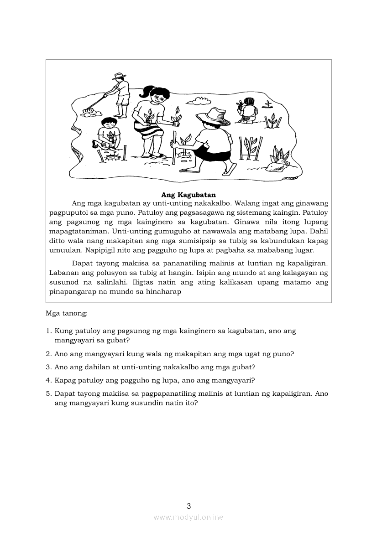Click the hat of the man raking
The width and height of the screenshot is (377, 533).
coord(120,76)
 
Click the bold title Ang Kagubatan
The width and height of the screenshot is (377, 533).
coord(188,195)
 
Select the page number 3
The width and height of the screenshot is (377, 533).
coord(188,506)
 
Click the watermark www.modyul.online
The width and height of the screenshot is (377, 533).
coord(188,517)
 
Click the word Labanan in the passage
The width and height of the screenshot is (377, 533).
coord(61,273)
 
